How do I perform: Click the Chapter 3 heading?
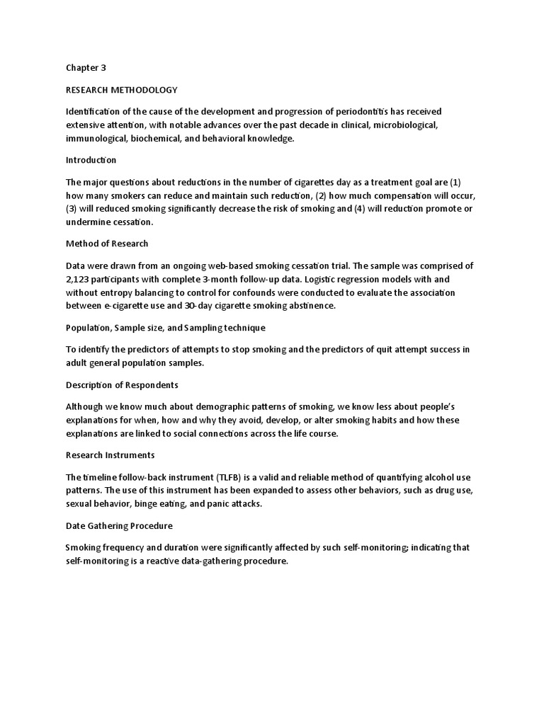(85, 68)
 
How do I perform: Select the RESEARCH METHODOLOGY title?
(121, 90)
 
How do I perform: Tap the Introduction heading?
(91, 160)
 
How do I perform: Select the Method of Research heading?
(107, 244)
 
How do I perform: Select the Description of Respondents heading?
(122, 385)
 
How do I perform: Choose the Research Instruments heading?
(110, 455)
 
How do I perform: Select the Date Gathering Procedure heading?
(118, 525)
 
